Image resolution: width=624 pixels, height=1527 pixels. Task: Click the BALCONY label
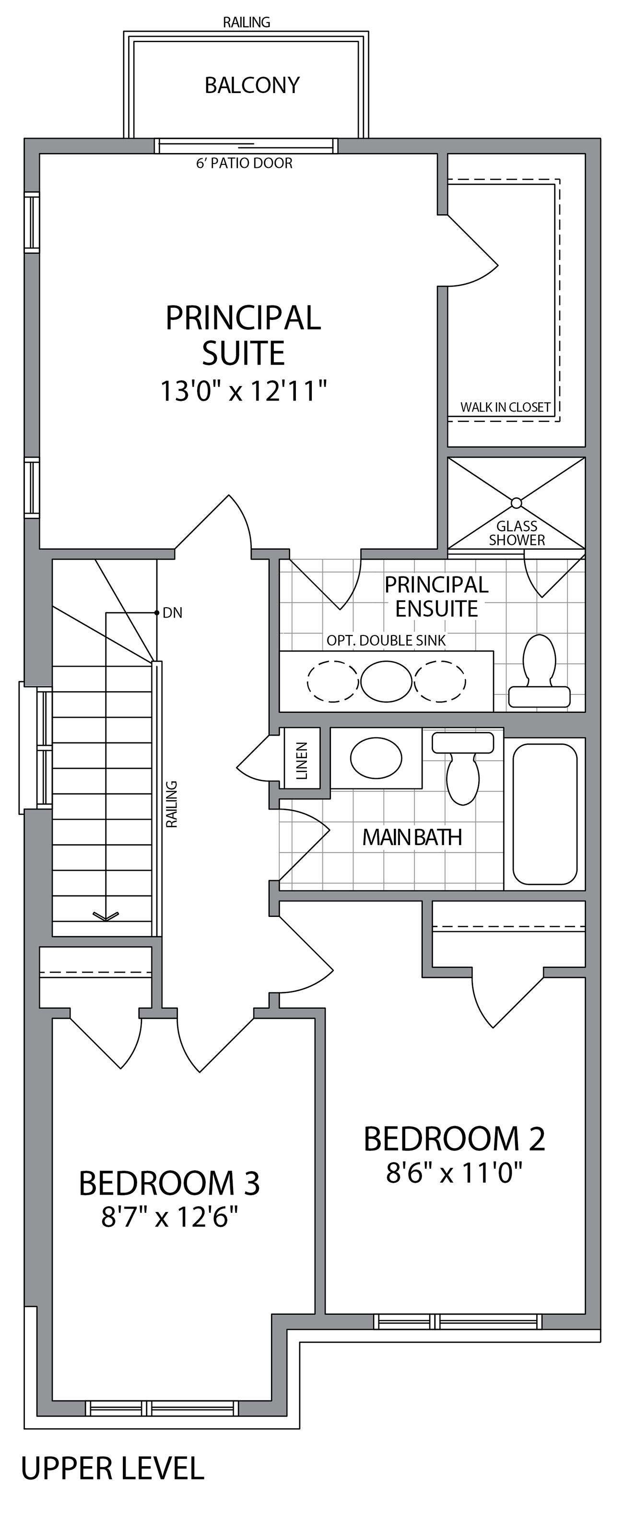click(252, 85)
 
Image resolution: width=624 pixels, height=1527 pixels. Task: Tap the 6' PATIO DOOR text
click(244, 163)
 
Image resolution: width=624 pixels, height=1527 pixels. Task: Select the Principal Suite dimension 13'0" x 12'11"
click(244, 391)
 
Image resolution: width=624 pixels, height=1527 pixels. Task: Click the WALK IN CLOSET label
click(506, 407)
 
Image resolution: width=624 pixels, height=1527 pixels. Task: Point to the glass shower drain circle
click(516, 503)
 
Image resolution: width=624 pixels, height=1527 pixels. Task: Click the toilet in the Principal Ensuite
click(539, 670)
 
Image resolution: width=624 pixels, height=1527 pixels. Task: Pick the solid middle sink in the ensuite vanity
click(387, 681)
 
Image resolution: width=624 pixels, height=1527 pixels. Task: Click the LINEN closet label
click(302, 761)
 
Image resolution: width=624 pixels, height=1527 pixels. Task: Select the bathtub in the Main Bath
click(544, 813)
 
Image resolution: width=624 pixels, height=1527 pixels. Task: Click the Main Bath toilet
click(463, 768)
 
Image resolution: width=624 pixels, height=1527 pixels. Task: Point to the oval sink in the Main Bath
click(376, 758)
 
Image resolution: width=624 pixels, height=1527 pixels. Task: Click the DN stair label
click(173, 613)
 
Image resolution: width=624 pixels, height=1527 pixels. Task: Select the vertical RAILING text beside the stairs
click(172, 804)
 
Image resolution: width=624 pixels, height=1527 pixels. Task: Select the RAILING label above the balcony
click(247, 23)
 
